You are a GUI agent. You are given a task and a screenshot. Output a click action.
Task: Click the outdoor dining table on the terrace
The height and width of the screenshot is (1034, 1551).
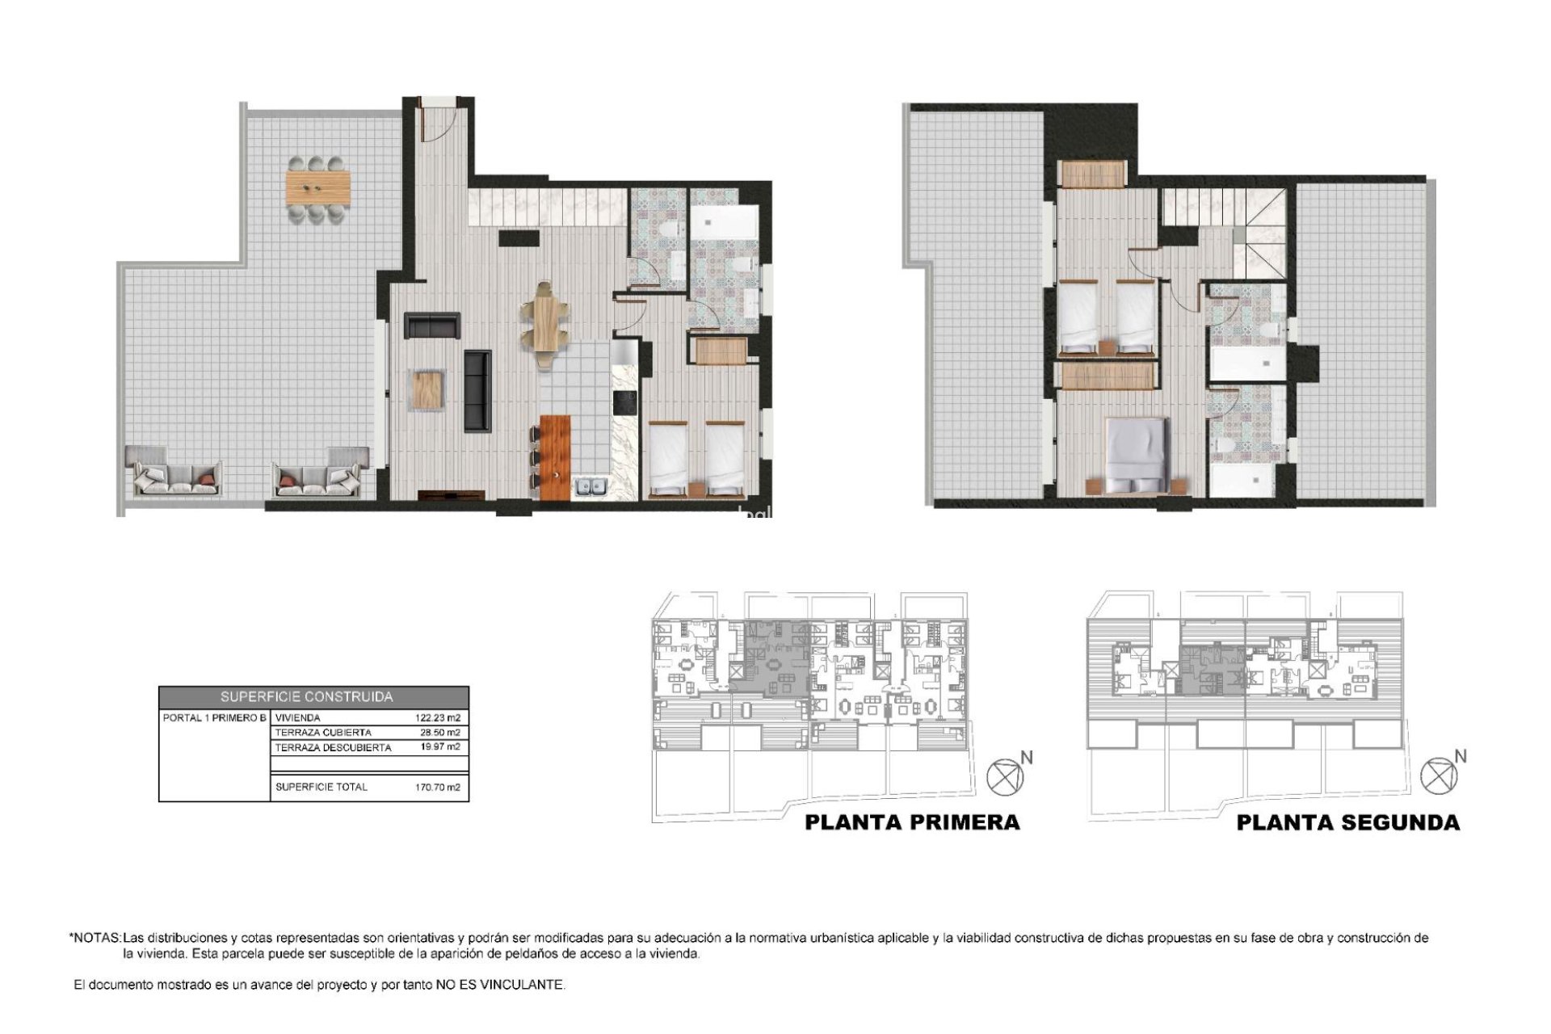pos(318,188)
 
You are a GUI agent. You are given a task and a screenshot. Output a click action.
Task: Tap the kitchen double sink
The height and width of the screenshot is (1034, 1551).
pos(591,485)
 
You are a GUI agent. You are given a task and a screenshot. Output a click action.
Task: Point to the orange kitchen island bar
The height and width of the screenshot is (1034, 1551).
pos(555,456)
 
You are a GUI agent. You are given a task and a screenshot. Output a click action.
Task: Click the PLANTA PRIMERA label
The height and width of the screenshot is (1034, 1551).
pos(912,822)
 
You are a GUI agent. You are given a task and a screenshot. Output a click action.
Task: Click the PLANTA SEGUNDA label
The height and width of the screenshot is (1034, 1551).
pos(1347,822)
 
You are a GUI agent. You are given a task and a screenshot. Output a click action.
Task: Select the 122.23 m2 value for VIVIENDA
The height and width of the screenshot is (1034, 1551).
pos(436,717)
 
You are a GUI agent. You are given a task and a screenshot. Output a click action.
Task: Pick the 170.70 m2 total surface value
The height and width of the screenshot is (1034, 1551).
pos(436,787)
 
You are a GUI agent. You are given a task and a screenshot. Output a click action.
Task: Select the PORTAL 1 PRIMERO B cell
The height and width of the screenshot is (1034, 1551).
pos(214,717)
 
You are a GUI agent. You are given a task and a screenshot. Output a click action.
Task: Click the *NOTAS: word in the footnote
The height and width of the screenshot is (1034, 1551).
pos(95,939)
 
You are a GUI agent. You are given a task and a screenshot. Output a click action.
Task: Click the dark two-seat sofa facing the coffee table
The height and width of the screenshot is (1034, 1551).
pos(431,325)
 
